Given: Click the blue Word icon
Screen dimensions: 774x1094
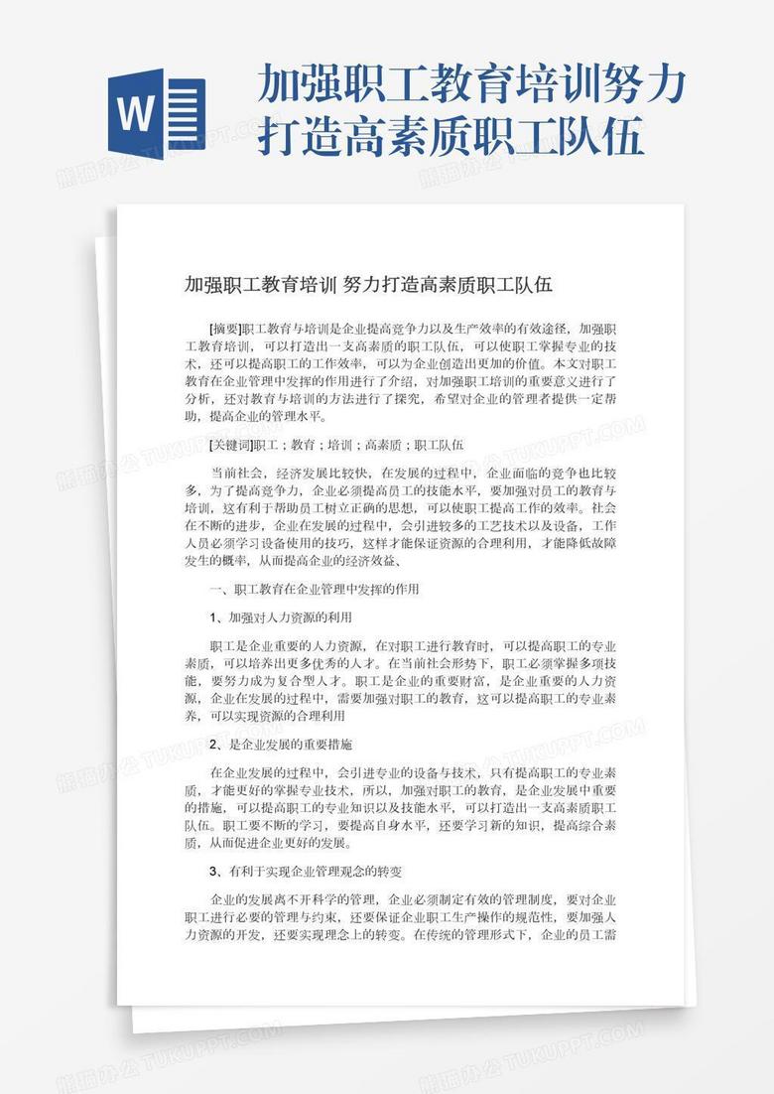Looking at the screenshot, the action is pos(155,111).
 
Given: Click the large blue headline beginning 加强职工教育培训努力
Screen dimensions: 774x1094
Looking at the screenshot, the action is pos(471,86).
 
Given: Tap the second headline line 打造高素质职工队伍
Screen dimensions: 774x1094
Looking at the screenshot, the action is pos(451,136).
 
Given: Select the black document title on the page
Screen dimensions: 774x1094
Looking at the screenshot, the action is pos(368,285).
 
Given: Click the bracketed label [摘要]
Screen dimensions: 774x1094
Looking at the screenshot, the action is pos(225,327).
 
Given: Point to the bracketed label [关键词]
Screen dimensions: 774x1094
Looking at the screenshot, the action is pos(231,445).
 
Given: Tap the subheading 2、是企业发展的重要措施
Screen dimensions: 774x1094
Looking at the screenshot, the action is pos(281,744).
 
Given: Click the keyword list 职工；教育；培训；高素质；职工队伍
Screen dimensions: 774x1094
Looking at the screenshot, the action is pos(358,445).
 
